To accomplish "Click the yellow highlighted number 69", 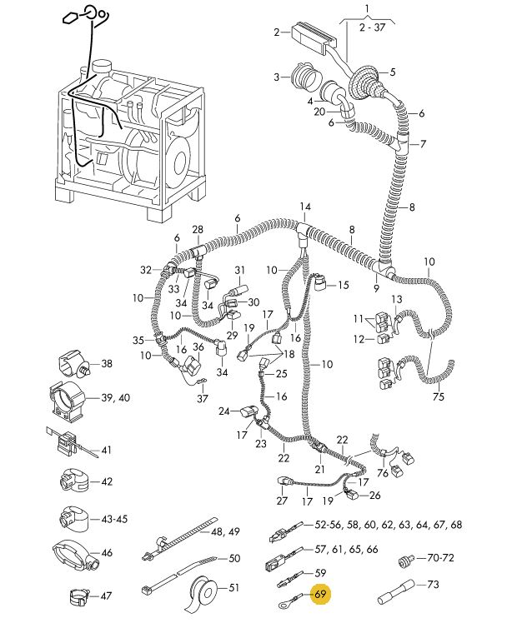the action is point(320,594).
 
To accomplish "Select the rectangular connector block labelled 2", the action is point(314,37).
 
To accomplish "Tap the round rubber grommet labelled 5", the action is point(365,84).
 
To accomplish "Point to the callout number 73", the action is point(433,585).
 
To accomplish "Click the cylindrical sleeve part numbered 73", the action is point(395,591).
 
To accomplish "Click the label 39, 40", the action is point(115,398).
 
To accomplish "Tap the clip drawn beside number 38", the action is point(74,364).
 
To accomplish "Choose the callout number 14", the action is point(305,207).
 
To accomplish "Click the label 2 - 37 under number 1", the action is point(372,27).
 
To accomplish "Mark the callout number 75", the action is point(439,396).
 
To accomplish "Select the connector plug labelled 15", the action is point(320,282).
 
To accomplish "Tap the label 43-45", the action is point(114,519).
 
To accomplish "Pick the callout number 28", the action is point(198,230).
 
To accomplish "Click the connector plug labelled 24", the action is point(248,412).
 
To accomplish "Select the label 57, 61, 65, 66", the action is point(347,549).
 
